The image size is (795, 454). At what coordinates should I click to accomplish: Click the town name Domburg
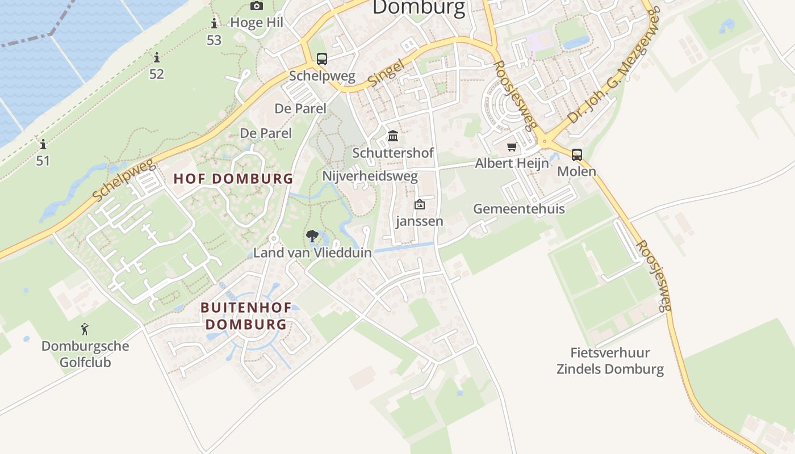419,7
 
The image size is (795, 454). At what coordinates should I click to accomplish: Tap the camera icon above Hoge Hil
257,6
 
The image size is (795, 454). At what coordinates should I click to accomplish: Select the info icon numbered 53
214,23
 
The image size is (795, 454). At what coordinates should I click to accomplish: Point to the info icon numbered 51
43,144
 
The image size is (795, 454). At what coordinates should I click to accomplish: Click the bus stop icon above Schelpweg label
322,58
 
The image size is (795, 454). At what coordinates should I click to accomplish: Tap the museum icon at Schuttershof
393,136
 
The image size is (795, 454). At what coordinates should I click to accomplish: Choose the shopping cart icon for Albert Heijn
512,147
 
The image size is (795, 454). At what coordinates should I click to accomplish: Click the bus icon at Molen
577,154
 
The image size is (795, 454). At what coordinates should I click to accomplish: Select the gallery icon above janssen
420,204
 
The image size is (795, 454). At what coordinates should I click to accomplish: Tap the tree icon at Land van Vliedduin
312,236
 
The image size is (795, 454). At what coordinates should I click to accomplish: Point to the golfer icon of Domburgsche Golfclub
85,329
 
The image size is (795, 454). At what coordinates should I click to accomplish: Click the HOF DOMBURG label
233,179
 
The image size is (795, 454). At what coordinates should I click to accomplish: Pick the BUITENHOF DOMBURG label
246,316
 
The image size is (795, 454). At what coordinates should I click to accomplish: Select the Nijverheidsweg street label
370,176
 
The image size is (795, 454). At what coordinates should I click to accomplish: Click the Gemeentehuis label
519,209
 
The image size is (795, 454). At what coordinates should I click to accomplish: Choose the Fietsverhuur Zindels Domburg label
610,361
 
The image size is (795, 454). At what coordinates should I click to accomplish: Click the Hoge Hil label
257,23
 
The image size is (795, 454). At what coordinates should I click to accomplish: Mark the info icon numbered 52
156,57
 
